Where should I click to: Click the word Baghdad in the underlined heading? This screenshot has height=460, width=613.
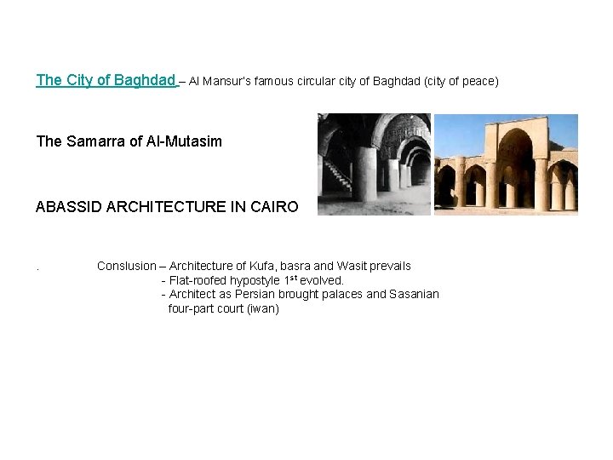click(143, 80)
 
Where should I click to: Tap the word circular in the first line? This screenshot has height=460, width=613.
click(322, 81)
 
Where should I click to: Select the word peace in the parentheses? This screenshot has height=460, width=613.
click(478, 81)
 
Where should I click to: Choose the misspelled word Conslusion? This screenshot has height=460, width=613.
click(127, 266)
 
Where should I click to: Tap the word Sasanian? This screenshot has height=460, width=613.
click(414, 294)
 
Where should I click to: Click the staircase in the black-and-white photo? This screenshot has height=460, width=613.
click(337, 175)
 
